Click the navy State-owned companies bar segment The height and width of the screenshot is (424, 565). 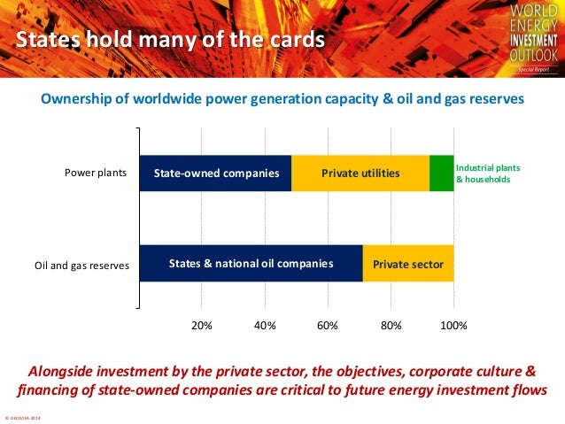(x=215, y=173)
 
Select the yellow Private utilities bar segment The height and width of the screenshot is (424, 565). (x=360, y=173)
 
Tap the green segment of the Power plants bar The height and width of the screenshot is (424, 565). (x=441, y=173)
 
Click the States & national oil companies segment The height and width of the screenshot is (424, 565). (x=251, y=264)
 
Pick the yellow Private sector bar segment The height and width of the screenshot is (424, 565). (x=408, y=264)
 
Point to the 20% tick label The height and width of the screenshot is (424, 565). (x=202, y=325)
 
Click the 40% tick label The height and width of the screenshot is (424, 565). (x=265, y=325)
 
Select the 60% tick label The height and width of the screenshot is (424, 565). (x=328, y=325)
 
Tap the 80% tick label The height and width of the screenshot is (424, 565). (x=391, y=325)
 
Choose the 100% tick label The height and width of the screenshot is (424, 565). (x=453, y=325)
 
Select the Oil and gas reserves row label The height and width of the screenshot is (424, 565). (x=81, y=265)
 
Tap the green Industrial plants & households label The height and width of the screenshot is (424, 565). (x=487, y=173)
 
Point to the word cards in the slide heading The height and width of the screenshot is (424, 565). (x=295, y=41)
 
